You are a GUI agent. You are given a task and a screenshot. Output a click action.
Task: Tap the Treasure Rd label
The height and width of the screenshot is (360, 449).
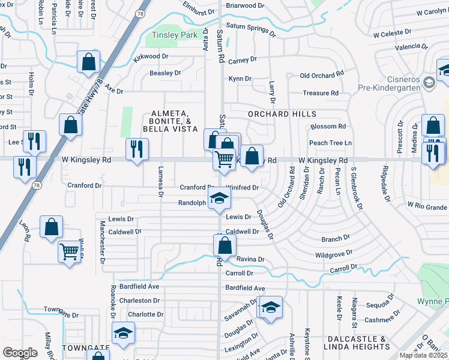[x=321, y=93]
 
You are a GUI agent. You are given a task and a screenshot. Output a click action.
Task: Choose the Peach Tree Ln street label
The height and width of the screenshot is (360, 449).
[x=330, y=143]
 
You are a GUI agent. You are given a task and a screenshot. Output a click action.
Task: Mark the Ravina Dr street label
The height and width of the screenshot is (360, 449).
[x=250, y=259]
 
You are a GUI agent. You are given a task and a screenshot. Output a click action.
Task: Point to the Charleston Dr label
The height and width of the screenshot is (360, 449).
[x=139, y=301]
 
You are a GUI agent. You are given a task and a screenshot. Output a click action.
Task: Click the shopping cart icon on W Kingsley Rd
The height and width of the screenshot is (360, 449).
[x=224, y=160]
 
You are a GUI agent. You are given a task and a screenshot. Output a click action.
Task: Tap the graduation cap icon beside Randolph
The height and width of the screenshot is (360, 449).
[x=219, y=199]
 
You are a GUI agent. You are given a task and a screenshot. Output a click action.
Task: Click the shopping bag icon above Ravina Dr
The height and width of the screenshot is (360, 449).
[x=224, y=245]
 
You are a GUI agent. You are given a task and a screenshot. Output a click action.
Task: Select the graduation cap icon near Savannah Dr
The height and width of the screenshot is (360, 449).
[x=271, y=308]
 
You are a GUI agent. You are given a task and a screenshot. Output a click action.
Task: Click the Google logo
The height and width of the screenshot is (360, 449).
[x=20, y=353]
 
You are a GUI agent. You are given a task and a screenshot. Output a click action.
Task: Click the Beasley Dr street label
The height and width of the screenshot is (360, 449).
[x=165, y=73]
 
